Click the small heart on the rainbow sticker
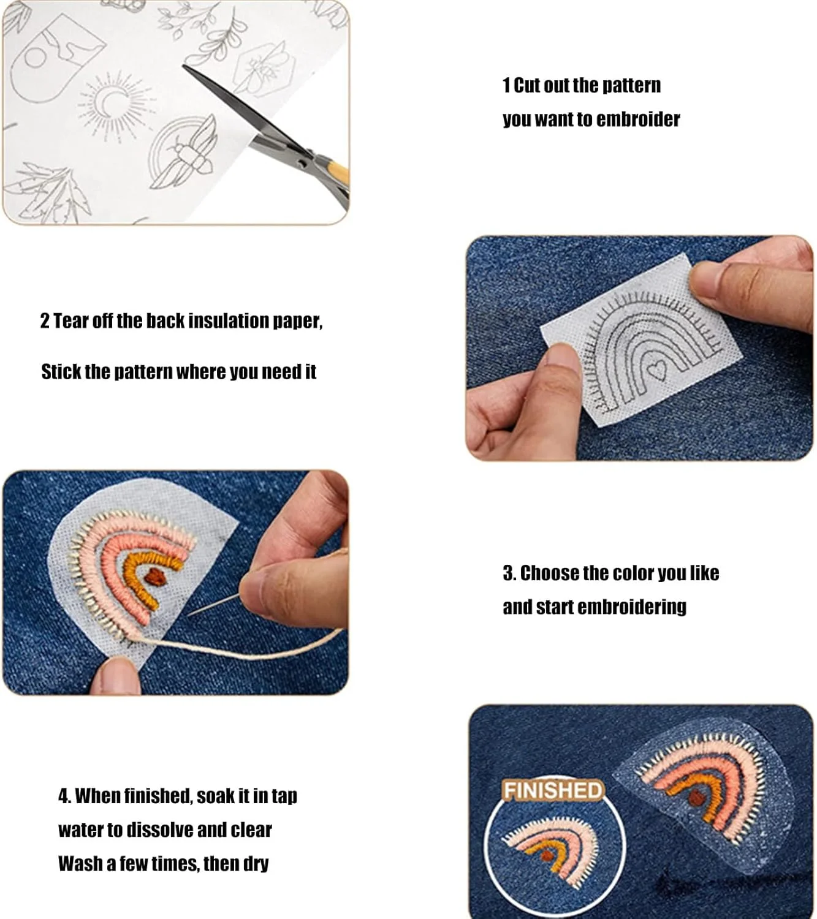[657, 371]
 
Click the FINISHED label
[553, 790]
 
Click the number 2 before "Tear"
[45, 320]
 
